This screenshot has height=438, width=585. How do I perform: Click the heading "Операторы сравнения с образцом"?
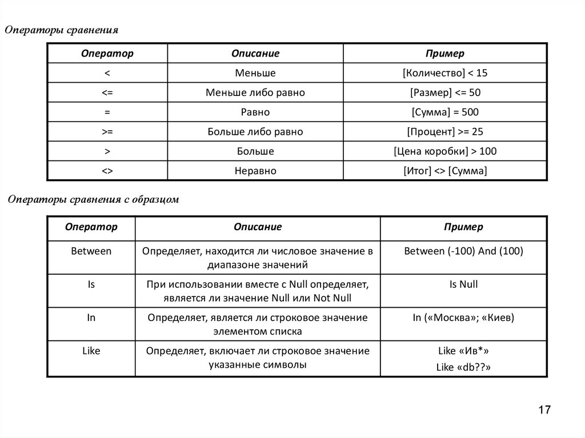click(x=93, y=200)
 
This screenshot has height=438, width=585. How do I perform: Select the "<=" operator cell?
click(x=107, y=93)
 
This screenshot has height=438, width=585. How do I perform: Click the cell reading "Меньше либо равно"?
click(x=255, y=93)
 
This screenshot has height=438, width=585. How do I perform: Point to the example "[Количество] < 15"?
click(x=445, y=73)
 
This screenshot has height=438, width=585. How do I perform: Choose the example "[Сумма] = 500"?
click(x=445, y=112)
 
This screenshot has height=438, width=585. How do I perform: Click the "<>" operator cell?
click(x=107, y=171)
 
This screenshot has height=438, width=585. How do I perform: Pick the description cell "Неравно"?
click(x=255, y=171)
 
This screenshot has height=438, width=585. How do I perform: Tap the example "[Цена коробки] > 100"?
click(x=445, y=151)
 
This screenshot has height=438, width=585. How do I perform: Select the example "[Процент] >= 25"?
click(x=445, y=132)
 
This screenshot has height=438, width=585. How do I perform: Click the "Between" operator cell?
click(x=91, y=251)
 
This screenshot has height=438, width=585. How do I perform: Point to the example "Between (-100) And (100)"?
click(x=463, y=251)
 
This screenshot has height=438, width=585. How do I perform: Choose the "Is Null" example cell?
click(x=463, y=284)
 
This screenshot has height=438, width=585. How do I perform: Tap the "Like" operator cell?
click(x=91, y=351)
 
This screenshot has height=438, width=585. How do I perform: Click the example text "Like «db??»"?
click(x=463, y=368)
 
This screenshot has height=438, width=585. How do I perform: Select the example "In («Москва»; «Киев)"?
click(x=463, y=318)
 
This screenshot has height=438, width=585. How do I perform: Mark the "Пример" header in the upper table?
click(x=445, y=54)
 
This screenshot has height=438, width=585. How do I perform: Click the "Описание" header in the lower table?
click(x=258, y=227)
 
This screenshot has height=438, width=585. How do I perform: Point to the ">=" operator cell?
click(x=107, y=132)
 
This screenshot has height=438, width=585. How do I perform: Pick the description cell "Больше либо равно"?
click(x=255, y=132)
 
